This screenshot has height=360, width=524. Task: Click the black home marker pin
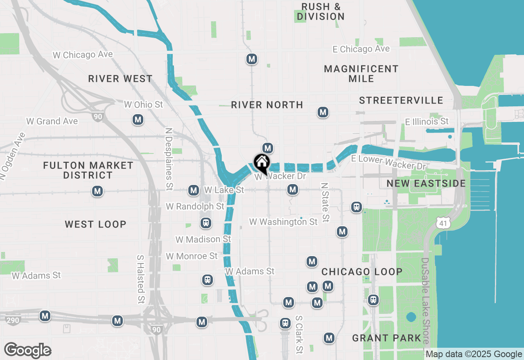(261, 163)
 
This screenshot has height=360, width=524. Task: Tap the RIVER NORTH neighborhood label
(267, 105)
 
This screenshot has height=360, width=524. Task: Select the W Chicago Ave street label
(83, 54)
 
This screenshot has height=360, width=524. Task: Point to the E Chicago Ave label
(361, 49)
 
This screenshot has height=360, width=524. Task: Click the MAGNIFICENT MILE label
(361, 74)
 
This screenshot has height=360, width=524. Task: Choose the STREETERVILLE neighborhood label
(401, 100)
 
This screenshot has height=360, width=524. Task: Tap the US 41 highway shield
(443, 223)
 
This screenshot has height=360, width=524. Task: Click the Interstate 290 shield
(13, 320)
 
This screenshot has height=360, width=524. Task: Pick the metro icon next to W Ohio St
(138, 120)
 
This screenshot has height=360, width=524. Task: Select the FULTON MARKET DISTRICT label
(88, 170)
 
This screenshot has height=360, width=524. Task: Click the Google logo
(27, 350)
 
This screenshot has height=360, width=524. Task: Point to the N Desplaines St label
(169, 159)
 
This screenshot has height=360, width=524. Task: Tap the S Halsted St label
(141, 279)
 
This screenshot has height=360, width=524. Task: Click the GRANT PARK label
(386, 338)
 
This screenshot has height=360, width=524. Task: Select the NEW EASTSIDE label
(426, 183)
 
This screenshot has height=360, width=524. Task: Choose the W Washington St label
(283, 222)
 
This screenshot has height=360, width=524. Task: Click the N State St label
(325, 202)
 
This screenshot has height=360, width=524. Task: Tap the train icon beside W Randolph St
(206, 223)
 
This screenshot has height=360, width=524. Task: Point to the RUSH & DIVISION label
(321, 11)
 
